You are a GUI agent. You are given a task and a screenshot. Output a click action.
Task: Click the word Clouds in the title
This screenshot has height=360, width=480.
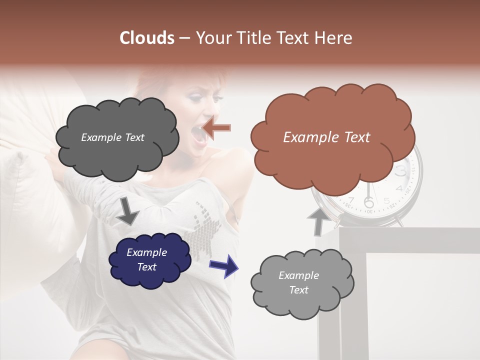147,38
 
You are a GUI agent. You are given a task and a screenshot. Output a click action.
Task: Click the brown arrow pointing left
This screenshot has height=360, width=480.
217,128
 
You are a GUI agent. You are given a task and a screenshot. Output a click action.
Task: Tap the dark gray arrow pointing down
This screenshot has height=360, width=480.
127,212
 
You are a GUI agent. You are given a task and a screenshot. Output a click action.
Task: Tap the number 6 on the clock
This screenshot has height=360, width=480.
369,202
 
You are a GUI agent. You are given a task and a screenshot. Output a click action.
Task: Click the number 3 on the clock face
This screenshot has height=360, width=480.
401,171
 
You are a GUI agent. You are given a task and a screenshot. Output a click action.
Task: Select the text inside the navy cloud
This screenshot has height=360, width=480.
146,259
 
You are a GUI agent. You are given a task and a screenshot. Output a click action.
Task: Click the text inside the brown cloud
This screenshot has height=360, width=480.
326,137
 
